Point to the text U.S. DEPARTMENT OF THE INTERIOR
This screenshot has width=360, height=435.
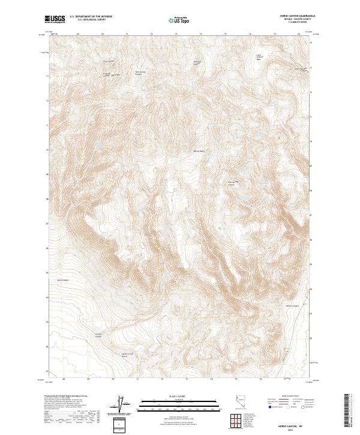[91, 17]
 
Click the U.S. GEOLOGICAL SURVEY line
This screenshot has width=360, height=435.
[91, 20]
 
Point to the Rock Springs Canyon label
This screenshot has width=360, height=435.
[140, 73]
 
